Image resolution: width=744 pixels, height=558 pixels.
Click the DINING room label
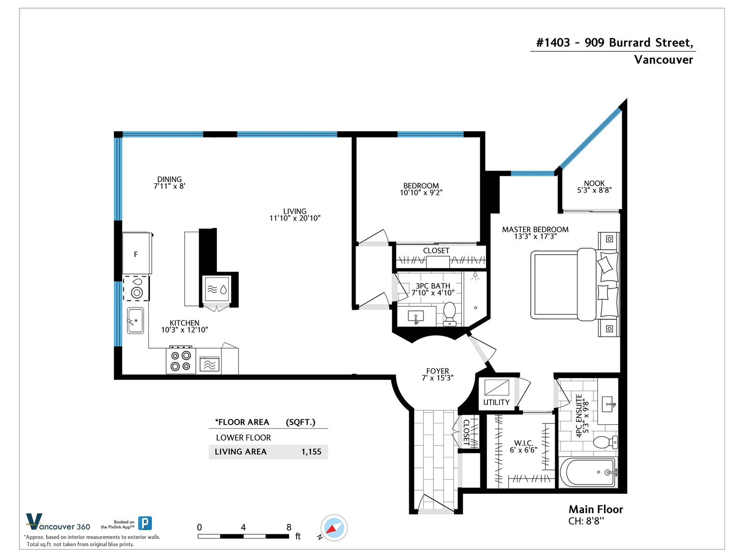169,179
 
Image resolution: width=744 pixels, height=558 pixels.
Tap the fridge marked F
137,253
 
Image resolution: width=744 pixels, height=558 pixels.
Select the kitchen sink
135,320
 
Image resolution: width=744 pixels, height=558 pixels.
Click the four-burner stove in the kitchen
181,360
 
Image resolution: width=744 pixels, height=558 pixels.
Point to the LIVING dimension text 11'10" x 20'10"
295,218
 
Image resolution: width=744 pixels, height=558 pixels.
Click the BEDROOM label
421,186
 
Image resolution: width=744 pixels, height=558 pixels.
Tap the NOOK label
594,183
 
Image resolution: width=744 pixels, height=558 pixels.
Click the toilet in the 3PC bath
450,314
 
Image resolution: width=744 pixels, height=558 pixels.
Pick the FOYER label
438,371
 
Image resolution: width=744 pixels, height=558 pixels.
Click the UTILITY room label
496,402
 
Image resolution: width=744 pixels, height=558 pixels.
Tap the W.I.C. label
524,443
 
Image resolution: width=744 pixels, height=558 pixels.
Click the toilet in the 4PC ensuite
605,442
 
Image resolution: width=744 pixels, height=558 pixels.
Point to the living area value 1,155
311,452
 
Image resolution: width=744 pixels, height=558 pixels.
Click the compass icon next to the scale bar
334,527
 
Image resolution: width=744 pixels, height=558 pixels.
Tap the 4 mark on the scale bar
243,527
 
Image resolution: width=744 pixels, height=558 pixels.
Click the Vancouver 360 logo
58,522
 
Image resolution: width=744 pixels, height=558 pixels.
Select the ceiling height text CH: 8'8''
586,521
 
